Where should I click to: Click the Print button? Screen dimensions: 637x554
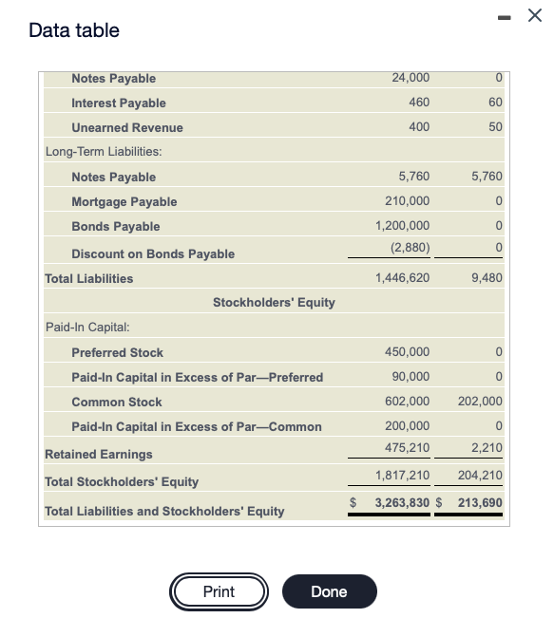tap(219, 591)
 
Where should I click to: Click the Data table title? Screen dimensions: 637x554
tap(74, 30)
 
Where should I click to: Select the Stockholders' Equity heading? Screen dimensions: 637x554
tap(274, 303)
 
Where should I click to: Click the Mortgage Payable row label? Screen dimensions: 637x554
tap(124, 201)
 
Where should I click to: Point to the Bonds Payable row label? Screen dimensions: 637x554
tap(115, 226)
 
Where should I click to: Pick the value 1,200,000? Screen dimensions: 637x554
tap(403, 226)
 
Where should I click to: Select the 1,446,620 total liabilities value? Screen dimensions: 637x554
tap(403, 278)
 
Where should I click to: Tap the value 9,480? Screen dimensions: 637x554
tap(486, 278)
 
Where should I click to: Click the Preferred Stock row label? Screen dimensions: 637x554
tap(117, 352)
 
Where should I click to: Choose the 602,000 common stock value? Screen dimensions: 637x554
tap(407, 402)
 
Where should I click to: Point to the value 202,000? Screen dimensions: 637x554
tap(480, 402)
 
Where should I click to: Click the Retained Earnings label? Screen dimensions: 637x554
tap(99, 454)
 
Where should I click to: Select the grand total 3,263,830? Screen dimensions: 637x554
tap(403, 501)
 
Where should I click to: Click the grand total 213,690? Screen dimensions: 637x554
tap(480, 501)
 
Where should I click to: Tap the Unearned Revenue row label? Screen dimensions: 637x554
tap(127, 127)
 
